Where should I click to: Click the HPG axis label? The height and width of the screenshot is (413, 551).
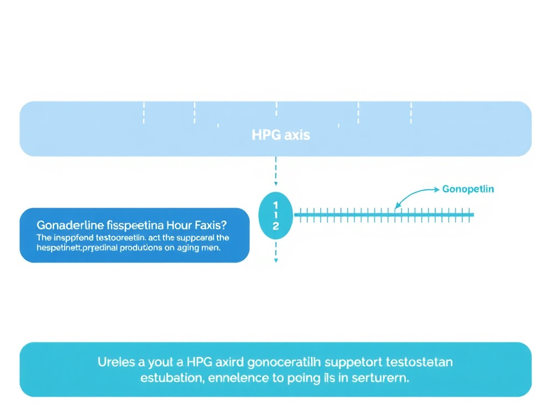coord(280,134)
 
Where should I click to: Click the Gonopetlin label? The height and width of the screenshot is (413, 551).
coord(468,189)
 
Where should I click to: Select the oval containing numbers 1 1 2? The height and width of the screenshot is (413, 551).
coord(275,216)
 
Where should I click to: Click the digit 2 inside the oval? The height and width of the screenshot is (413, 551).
coord(275,226)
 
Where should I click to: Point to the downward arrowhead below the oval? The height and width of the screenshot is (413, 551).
coord(275,261)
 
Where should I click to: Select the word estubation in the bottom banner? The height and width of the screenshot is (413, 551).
coord(171,378)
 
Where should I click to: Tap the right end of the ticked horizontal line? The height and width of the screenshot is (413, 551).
coord(473,215)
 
